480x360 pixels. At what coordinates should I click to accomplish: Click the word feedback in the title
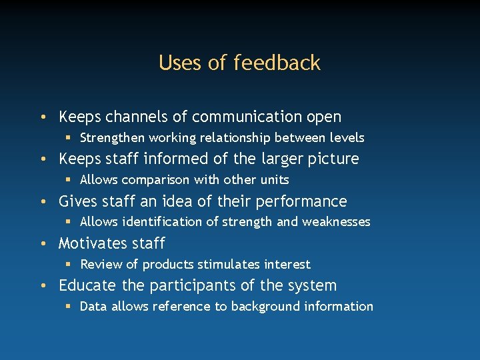[277, 63]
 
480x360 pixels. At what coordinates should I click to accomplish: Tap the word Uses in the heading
[181, 63]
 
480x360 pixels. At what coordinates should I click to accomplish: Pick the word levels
[347, 138]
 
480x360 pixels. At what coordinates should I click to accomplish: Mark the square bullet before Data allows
[69, 307]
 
